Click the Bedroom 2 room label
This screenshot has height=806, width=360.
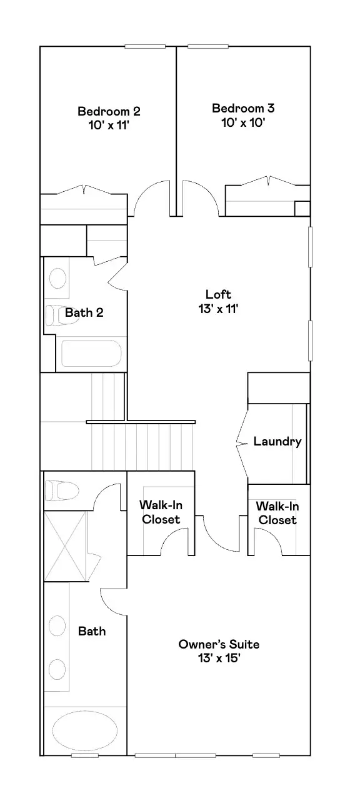pos(109,111)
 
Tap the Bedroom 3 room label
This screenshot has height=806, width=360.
pos(243,108)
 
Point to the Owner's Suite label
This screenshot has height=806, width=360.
pos(218,644)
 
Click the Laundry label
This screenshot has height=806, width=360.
pos(277,442)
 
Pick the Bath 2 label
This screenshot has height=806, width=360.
pos(84,312)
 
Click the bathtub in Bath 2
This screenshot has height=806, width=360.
pos(91,354)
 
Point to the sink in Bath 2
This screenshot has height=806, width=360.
pos(58,278)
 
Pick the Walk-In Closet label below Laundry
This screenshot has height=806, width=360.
pos(277,513)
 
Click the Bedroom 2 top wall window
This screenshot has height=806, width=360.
pos(145,46)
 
